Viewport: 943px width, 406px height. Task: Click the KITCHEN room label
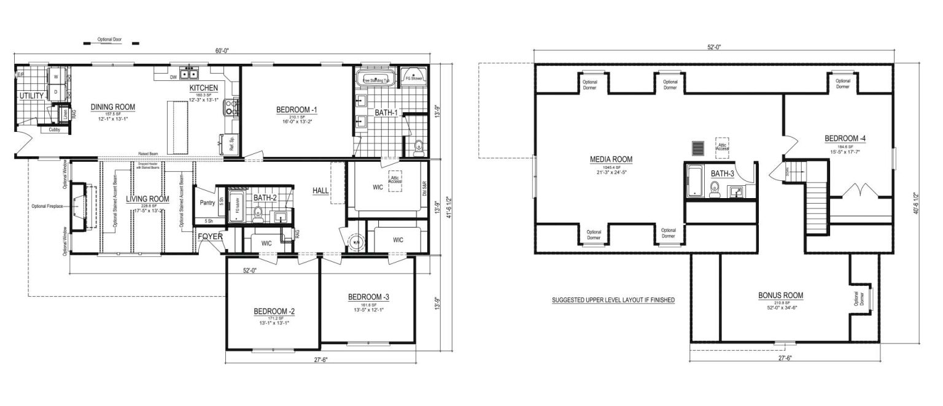coord(203,88)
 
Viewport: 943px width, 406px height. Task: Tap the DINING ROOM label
coord(113,107)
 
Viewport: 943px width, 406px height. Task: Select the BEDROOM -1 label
coord(297,110)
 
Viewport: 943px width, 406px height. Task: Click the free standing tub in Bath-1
coord(373,80)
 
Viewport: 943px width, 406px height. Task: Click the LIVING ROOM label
coord(147,199)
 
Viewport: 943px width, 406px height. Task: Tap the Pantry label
coord(207,202)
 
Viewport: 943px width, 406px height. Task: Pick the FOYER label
coord(211,236)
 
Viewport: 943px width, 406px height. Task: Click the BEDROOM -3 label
coord(368,297)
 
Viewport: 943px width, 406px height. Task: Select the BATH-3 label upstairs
coord(722,174)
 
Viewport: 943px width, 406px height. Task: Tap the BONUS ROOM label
coord(780,295)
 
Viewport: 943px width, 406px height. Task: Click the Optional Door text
coord(110,39)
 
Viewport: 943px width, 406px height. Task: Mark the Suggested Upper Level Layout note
coord(613,300)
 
